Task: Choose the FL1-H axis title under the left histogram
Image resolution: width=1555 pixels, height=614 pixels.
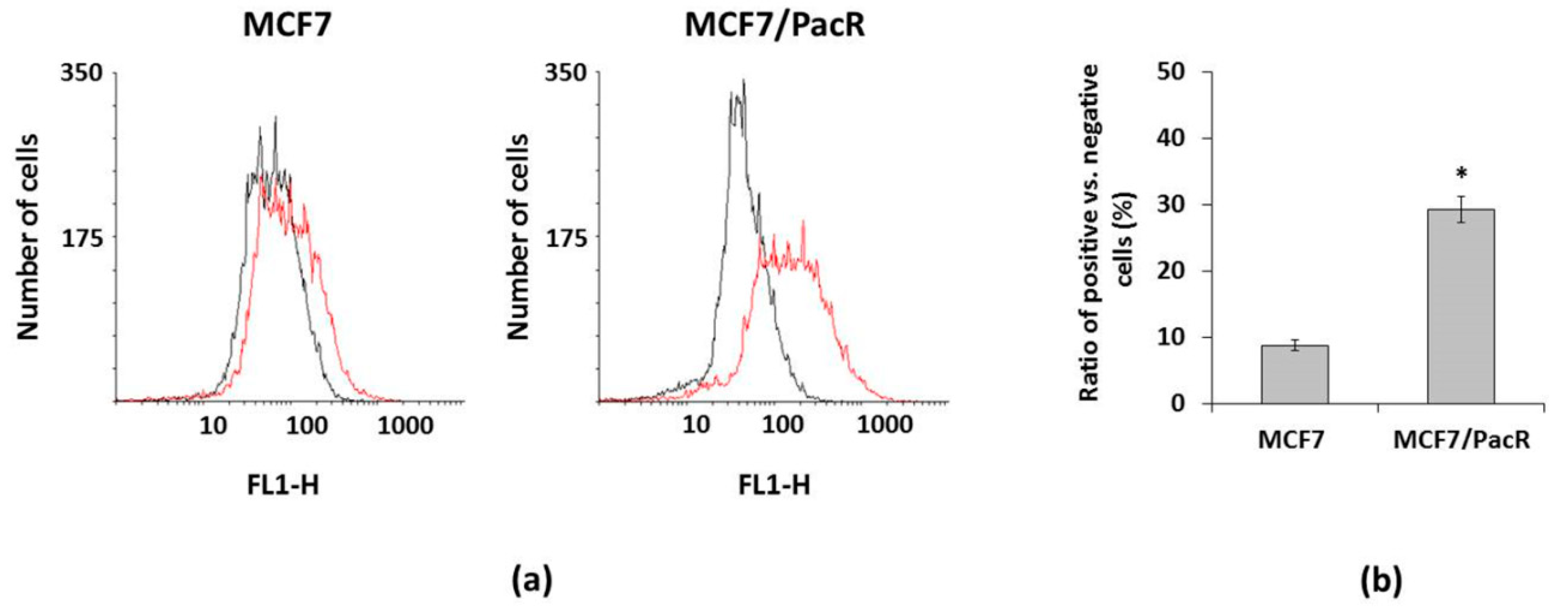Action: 283,485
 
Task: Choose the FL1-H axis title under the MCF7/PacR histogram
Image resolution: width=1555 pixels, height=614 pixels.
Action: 774,485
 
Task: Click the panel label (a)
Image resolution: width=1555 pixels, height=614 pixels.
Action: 531,582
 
